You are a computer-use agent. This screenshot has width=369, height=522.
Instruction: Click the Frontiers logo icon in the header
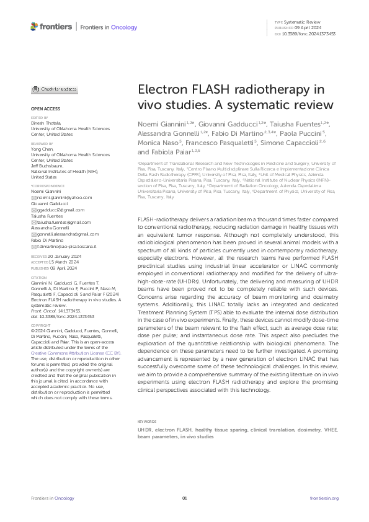(x=34, y=27)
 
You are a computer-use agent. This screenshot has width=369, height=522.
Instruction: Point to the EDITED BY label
(x=38, y=117)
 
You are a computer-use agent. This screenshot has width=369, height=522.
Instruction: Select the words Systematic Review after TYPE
(x=298, y=22)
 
